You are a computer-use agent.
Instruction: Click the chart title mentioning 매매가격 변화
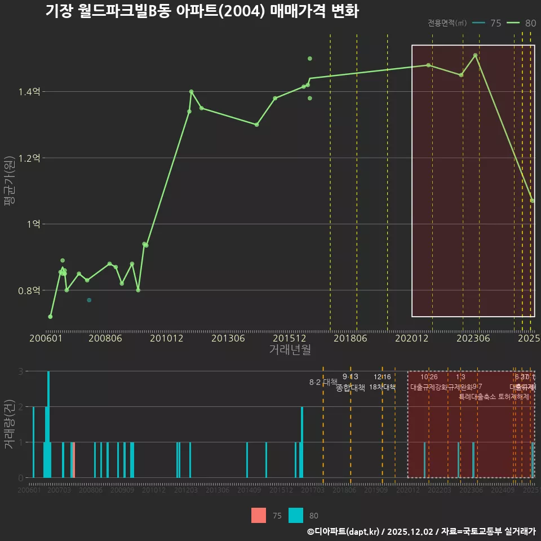(202, 11)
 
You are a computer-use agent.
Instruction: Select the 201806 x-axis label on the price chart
(350, 339)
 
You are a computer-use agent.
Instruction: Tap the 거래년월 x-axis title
(290, 350)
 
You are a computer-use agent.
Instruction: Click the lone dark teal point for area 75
(89, 300)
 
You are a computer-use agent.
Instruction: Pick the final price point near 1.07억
(533, 201)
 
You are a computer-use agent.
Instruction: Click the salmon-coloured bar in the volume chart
(74, 460)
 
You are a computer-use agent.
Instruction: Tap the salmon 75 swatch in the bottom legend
(258, 515)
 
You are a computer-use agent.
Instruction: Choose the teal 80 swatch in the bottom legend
(296, 515)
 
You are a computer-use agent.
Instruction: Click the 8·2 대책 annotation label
(323, 382)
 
